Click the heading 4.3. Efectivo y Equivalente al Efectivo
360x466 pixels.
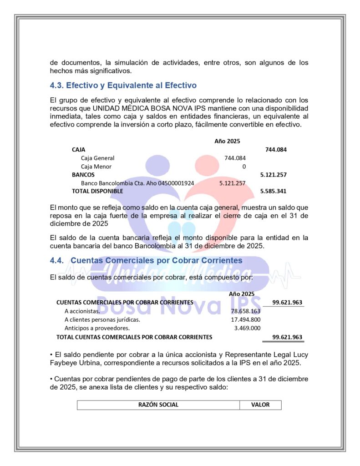click(x=123, y=85)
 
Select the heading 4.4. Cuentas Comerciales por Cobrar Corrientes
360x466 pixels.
click(x=146, y=260)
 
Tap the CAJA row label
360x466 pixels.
click(x=78, y=149)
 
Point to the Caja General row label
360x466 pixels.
click(x=97, y=158)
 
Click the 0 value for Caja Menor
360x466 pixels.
click(x=244, y=167)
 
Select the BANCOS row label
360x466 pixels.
click(x=83, y=174)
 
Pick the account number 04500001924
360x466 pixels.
click(x=176, y=183)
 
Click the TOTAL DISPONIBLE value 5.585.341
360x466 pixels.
click(x=273, y=191)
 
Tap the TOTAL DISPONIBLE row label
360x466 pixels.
click(x=97, y=191)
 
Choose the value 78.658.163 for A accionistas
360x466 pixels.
click(x=245, y=311)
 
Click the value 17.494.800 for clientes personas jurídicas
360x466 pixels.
click(x=245, y=319)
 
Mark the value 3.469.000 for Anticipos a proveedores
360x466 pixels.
click(x=247, y=328)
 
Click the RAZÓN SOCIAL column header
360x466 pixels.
click(x=158, y=405)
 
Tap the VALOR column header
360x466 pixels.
click(x=260, y=405)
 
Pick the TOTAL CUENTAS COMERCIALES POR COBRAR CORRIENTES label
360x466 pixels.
click(x=134, y=337)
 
